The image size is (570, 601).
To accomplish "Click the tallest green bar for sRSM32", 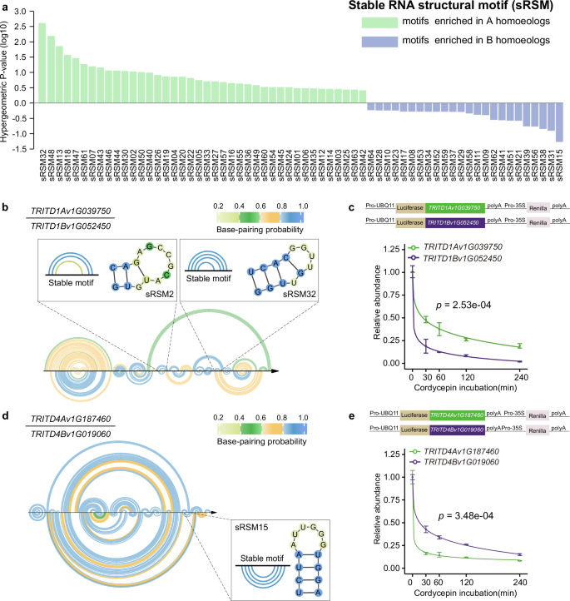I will pyautogui.click(x=42, y=62).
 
